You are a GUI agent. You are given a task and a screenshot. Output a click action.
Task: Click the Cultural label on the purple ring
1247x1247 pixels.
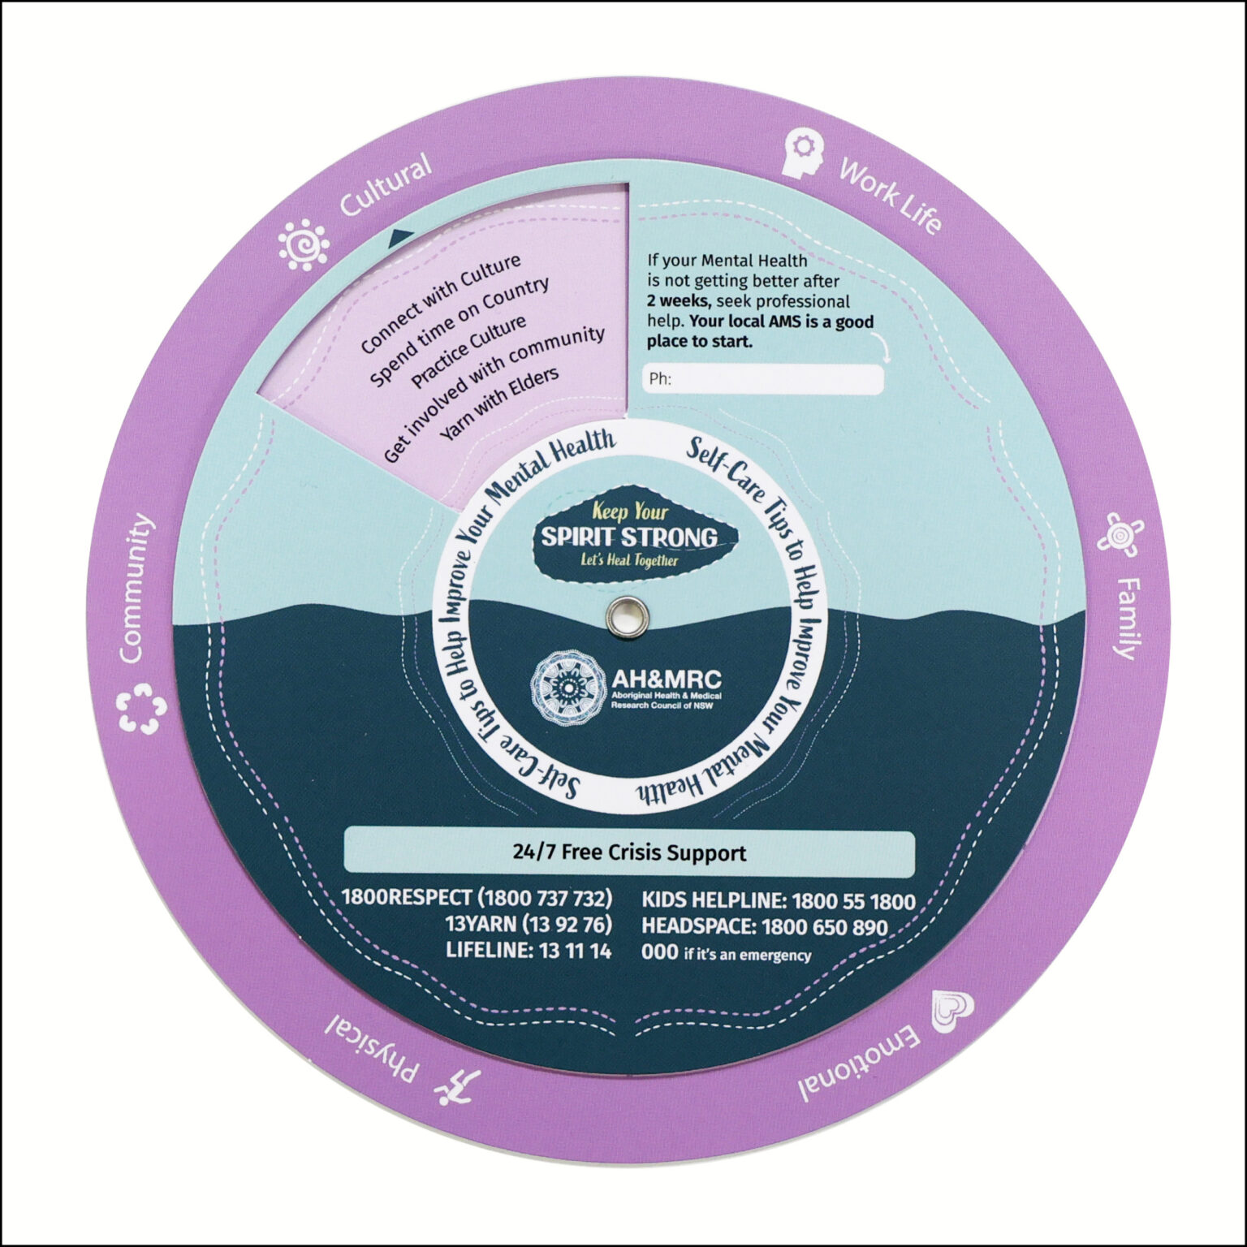(385, 187)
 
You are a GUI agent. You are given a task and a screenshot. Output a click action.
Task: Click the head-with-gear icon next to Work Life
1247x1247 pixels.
(802, 153)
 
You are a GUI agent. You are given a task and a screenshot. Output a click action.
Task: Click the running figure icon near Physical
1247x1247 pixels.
(458, 1088)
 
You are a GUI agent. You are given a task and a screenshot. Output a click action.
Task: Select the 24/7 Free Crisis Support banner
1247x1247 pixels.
(629, 852)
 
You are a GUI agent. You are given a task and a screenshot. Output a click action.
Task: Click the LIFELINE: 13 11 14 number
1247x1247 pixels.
(529, 951)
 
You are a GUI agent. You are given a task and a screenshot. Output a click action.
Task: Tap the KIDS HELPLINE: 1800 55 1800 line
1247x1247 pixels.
(778, 901)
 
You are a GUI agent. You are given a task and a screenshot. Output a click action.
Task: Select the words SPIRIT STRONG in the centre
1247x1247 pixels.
(629, 537)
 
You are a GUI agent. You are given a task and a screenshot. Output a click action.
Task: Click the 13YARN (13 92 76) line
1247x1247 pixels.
(529, 924)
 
